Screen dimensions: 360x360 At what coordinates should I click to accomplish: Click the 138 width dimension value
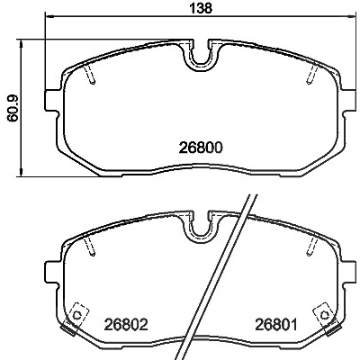201,8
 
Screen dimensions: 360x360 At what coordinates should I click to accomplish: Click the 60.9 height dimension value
13,108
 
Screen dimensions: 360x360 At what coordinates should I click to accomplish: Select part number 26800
201,148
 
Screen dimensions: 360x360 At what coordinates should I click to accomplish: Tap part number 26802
126,324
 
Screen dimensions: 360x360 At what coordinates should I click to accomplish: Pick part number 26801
276,324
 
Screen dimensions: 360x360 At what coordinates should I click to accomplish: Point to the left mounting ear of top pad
51,100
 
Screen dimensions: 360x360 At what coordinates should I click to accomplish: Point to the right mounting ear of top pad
349,100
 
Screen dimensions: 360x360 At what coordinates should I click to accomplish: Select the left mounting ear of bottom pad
51,272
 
